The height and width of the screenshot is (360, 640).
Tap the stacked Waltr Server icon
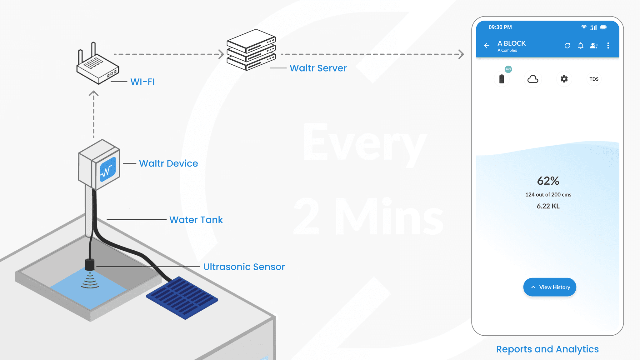(x=251, y=50)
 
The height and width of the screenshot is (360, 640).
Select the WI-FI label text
(x=142, y=82)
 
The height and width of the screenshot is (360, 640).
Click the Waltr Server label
(x=318, y=68)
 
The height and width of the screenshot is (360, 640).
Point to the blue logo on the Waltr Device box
(x=108, y=169)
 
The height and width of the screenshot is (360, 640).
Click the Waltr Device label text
(x=168, y=163)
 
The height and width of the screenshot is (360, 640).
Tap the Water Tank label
(x=196, y=220)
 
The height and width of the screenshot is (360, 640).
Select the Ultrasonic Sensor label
(x=244, y=267)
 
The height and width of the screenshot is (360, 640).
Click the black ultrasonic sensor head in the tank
(x=90, y=264)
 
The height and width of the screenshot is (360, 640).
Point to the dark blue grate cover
(x=182, y=297)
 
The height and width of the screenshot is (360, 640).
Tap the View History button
(x=550, y=287)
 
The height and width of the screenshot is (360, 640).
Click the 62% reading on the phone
(x=548, y=181)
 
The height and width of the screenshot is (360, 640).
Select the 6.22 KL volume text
(x=548, y=206)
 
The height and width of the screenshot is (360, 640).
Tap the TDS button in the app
(x=594, y=79)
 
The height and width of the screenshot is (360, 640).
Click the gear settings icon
(x=564, y=79)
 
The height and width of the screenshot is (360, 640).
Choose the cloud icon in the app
(x=533, y=79)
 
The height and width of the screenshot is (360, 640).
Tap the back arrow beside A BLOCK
(x=487, y=46)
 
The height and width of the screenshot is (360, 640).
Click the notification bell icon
(x=581, y=46)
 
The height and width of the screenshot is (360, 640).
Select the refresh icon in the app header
(x=567, y=46)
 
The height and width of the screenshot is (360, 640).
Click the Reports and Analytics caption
(x=547, y=349)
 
